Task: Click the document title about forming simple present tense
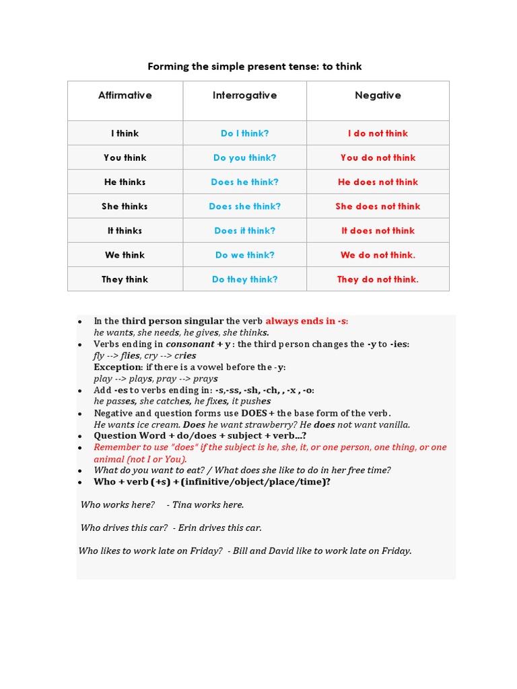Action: pyautogui.click(x=254, y=66)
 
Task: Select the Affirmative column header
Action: pyautogui.click(x=125, y=96)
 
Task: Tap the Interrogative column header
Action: pyautogui.click(x=244, y=96)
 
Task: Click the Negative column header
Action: pyautogui.click(x=378, y=96)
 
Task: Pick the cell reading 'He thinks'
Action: pyautogui.click(x=125, y=182)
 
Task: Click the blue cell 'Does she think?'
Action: pyautogui.click(x=245, y=207)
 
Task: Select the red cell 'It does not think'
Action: pyautogui.click(x=378, y=231)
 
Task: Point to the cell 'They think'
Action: pyautogui.click(x=125, y=279)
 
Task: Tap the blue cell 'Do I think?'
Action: pyautogui.click(x=245, y=134)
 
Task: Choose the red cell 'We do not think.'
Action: pyautogui.click(x=378, y=255)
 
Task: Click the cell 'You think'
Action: pyautogui.click(x=125, y=158)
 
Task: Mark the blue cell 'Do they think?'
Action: pyautogui.click(x=245, y=279)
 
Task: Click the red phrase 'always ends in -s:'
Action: pyautogui.click(x=307, y=321)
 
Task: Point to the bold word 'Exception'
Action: pyautogui.click(x=118, y=367)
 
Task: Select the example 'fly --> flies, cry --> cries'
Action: pyautogui.click(x=145, y=355)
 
